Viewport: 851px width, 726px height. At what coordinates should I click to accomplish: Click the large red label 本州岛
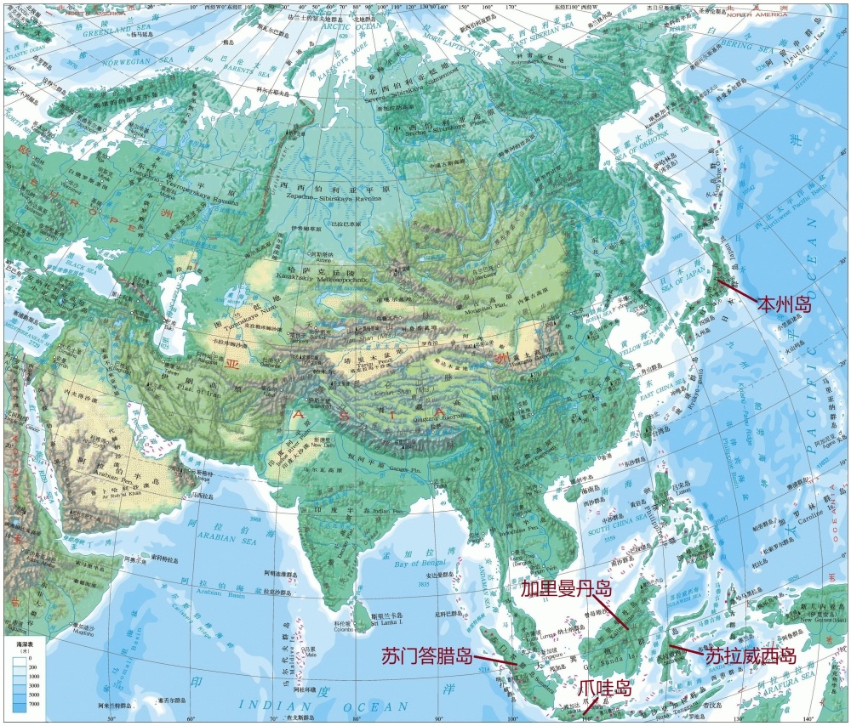pos(784,304)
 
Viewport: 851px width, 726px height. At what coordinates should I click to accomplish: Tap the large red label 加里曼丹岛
pos(566,588)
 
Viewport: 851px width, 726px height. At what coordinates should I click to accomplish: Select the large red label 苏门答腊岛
pos(426,656)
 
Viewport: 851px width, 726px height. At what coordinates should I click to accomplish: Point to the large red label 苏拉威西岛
pos(750,656)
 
